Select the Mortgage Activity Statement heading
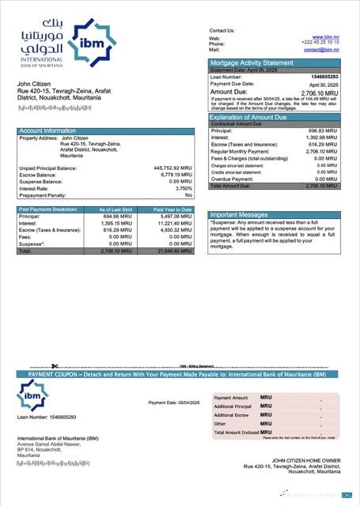pyautogui.click(x=251, y=62)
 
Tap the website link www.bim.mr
pyautogui.click(x=327, y=37)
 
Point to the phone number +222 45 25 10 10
pyautogui.click(x=322, y=43)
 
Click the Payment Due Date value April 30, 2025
pyautogui.click(x=324, y=84)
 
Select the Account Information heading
pyautogui.click(x=47, y=130)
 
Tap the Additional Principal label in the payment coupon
pyautogui.click(x=233, y=406)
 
